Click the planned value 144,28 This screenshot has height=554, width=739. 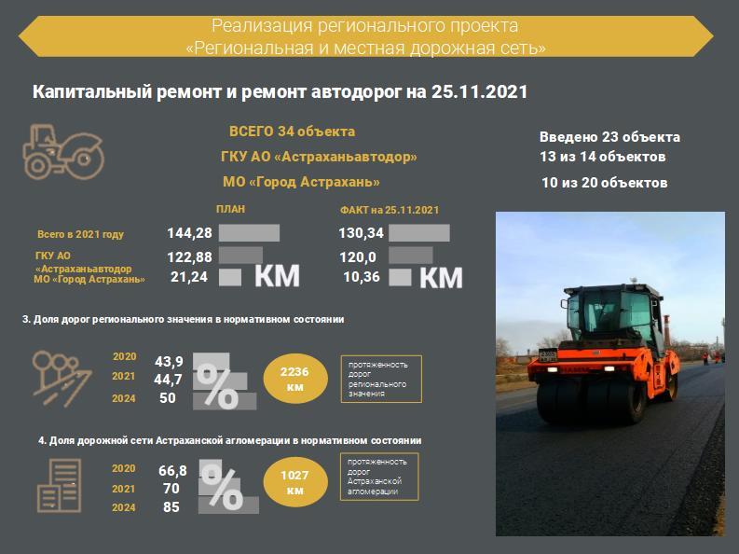pyautogui.click(x=189, y=233)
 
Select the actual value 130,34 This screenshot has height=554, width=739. pyautogui.click(x=361, y=233)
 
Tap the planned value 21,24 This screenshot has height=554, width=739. pyautogui.click(x=189, y=277)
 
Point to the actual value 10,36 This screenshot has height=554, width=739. pyautogui.click(x=362, y=277)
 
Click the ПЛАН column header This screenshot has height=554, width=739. pyautogui.click(x=230, y=209)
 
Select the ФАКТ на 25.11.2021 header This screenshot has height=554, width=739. pyautogui.click(x=390, y=210)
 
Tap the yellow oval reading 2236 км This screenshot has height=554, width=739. pyautogui.click(x=295, y=379)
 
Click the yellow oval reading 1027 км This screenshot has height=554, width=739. pyautogui.click(x=295, y=482)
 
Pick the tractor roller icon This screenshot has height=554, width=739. pyautogui.click(x=63, y=152)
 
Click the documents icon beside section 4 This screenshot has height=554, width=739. pyautogui.click(x=60, y=486)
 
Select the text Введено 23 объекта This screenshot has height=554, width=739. pyautogui.click(x=609, y=137)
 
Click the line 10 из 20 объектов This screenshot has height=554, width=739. pyautogui.click(x=604, y=183)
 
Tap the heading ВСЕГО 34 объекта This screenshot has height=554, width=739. pyautogui.click(x=293, y=132)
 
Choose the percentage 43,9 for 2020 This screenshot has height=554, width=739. pyautogui.click(x=170, y=362)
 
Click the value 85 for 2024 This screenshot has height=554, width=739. pyautogui.click(x=171, y=506)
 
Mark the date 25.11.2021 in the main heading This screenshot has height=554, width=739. pyautogui.click(x=479, y=91)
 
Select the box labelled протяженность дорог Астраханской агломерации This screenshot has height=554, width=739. pyautogui.click(x=379, y=477)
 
